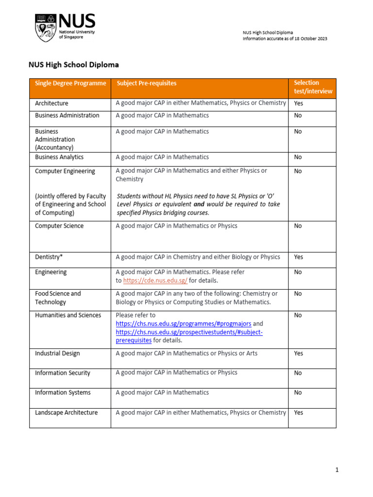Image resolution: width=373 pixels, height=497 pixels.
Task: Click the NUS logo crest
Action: tap(45, 28)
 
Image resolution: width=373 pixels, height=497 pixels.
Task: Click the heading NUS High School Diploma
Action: tap(73, 65)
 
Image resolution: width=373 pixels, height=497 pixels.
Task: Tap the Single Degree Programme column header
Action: tap(70, 83)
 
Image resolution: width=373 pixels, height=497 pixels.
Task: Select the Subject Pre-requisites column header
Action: tap(146, 83)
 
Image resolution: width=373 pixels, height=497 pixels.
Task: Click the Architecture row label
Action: tap(51, 103)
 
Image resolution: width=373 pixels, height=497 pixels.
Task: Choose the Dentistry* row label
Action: tap(49, 257)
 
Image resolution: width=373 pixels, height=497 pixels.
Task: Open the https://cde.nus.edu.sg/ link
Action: tap(155, 281)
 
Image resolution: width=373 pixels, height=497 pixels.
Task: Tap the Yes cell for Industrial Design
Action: tap(298, 353)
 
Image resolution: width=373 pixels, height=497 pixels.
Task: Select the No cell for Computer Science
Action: tap(298, 226)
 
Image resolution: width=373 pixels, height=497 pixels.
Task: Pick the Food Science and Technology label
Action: tap(57, 298)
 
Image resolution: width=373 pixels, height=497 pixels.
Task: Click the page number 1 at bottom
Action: tap(336, 470)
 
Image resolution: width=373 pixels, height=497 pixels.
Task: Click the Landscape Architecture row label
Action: tap(66, 413)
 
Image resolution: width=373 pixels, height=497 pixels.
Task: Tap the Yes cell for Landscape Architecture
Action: tap(298, 413)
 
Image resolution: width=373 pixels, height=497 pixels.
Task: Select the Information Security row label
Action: tap(62, 373)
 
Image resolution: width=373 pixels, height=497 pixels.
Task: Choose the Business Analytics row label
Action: tap(59, 157)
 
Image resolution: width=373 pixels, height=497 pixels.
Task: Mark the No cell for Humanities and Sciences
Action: tap(298, 315)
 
